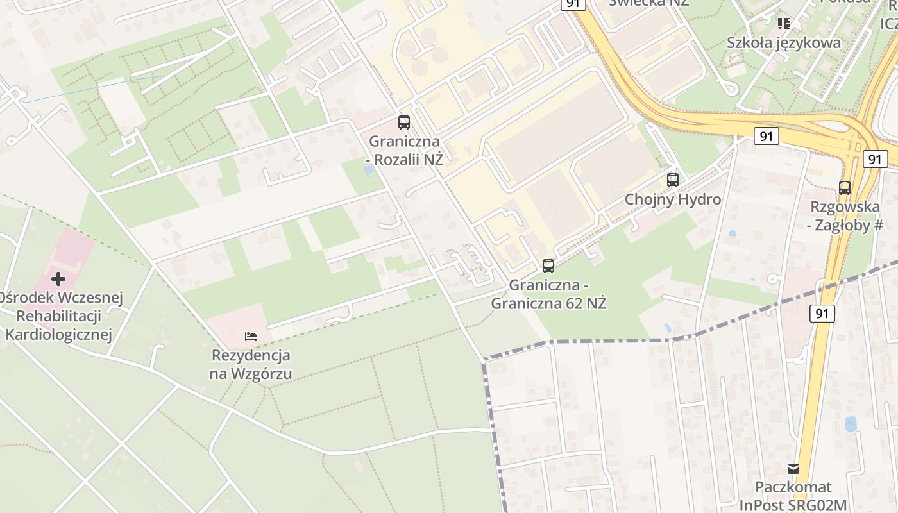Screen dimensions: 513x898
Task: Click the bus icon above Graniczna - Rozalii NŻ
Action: pos(404,122)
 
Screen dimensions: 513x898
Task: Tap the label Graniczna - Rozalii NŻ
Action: pos(404,150)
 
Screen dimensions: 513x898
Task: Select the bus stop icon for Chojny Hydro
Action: pos(672,180)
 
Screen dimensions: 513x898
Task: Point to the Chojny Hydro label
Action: pos(673,199)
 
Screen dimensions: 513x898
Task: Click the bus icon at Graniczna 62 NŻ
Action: pos(548,265)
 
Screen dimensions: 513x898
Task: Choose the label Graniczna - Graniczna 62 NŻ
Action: pos(548,294)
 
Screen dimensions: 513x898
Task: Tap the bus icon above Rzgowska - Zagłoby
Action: pos(845,188)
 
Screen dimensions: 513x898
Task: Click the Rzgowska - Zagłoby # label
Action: pos(846,216)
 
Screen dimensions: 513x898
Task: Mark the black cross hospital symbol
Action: pos(58,279)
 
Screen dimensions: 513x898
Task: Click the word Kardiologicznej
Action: pos(58,334)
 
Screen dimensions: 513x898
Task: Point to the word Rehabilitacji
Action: pos(58,316)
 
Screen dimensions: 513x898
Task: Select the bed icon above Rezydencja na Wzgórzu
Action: pos(251,336)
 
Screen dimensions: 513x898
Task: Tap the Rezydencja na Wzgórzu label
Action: pos(251,364)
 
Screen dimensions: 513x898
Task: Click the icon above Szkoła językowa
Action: pos(783,24)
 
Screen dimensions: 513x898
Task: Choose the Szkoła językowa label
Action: pos(783,43)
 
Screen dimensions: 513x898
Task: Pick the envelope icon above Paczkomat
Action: pos(793,469)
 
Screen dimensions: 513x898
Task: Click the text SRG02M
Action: pos(820,505)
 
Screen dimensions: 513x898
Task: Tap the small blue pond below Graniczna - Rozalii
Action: pos(368,171)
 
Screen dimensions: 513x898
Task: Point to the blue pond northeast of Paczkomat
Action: pos(851,424)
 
